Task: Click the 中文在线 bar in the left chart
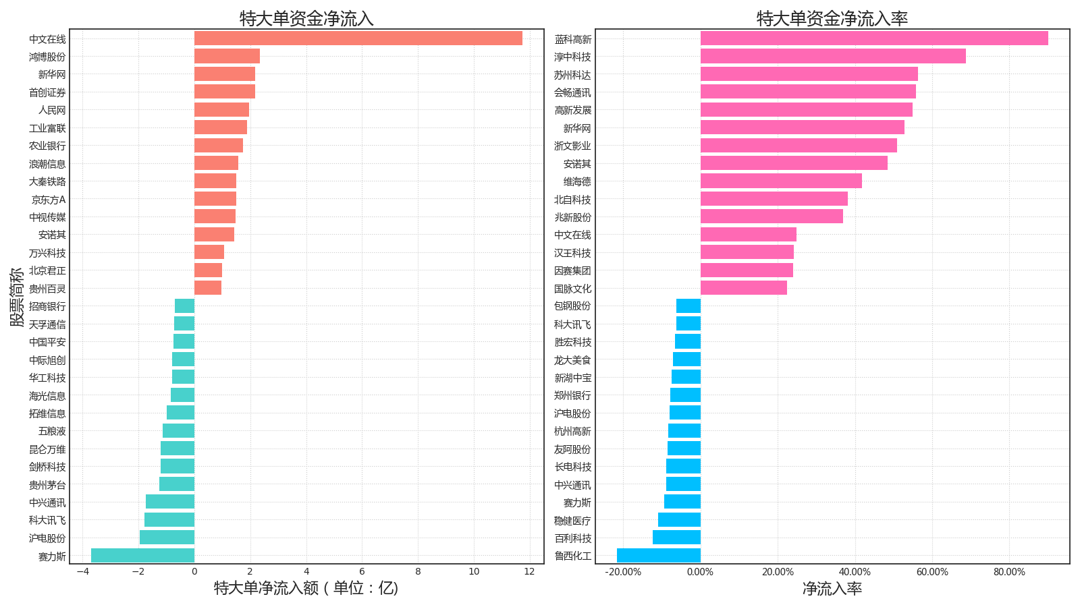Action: [x=358, y=38]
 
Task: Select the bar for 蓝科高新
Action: [x=874, y=38]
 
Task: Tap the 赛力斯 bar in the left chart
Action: [x=142, y=556]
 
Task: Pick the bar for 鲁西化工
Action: [x=658, y=556]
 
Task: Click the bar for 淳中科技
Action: [x=833, y=56]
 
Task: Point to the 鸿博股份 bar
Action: [x=227, y=56]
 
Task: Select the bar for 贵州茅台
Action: [x=177, y=484]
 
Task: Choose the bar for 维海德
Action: [x=781, y=181]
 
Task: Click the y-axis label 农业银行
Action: [x=47, y=146]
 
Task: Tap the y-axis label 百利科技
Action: [x=572, y=538]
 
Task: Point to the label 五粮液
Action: [x=52, y=431]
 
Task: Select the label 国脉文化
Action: [x=572, y=289]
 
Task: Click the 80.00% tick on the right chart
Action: [x=1009, y=572]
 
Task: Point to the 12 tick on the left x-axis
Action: [x=529, y=572]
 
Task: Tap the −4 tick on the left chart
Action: [x=82, y=572]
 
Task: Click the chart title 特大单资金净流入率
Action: [x=832, y=18]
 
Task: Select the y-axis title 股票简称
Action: [x=17, y=297]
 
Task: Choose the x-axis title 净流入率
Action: [x=832, y=589]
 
